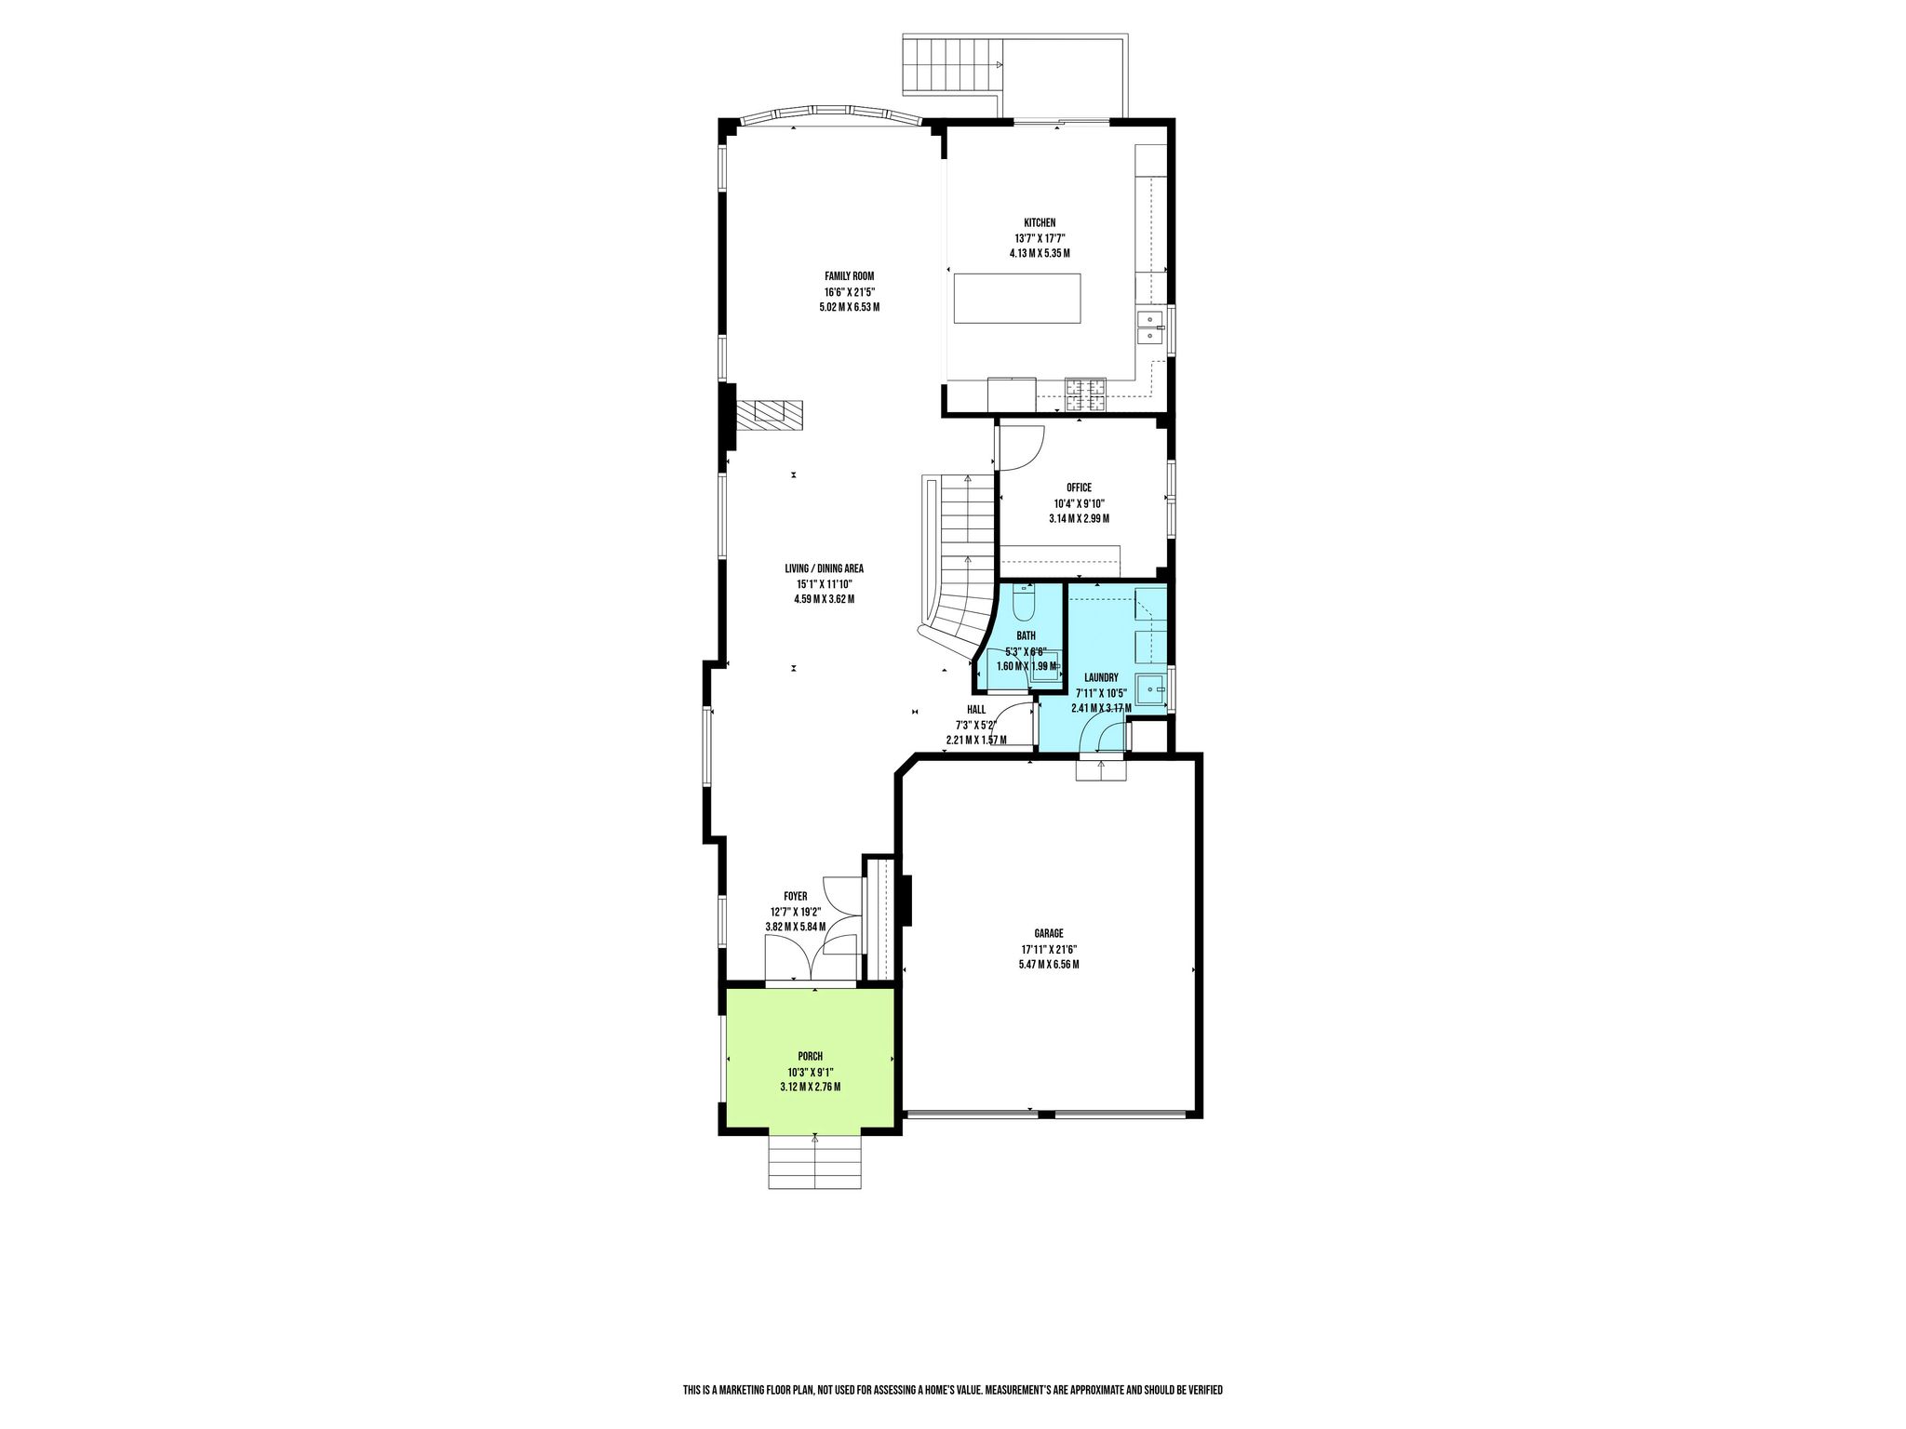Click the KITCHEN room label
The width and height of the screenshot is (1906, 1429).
pos(1040,222)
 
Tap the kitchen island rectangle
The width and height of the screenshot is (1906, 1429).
pos(1017,298)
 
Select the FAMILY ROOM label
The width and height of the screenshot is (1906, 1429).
pos(849,275)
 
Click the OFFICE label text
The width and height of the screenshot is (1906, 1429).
pos(1079,487)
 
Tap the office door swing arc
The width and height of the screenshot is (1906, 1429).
pos(1033,452)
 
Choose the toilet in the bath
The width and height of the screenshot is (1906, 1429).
pos(1024,603)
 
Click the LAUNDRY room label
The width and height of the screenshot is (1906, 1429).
pos(1101,678)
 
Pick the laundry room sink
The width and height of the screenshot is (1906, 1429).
pos(1154,689)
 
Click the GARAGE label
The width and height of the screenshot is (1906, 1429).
pos(1048,933)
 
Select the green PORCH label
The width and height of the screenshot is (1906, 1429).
pos(810,1056)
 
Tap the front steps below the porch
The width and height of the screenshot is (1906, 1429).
pos(815,1162)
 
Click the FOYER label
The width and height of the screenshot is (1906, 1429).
pos(795,896)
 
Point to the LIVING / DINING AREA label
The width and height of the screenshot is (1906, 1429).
pos(824,568)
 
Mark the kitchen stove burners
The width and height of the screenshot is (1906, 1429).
pos(1085,394)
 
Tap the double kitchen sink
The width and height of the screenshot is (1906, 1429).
pos(1150,327)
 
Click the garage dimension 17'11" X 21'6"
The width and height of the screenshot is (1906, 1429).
pos(1048,949)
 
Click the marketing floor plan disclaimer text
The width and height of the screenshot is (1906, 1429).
pos(952,1364)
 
